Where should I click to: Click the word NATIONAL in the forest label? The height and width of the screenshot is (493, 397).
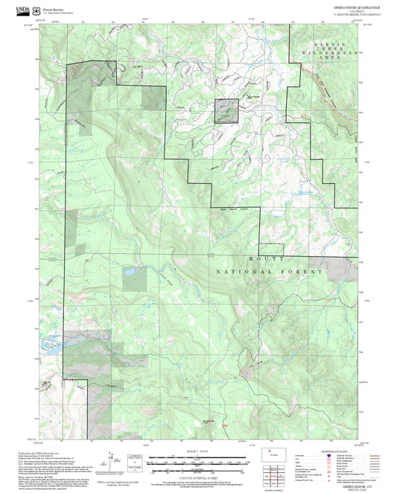(238, 273)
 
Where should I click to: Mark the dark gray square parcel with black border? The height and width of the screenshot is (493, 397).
(227, 110)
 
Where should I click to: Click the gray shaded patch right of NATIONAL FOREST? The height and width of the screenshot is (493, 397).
(343, 267)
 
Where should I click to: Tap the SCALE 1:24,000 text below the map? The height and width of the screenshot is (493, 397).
(197, 452)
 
